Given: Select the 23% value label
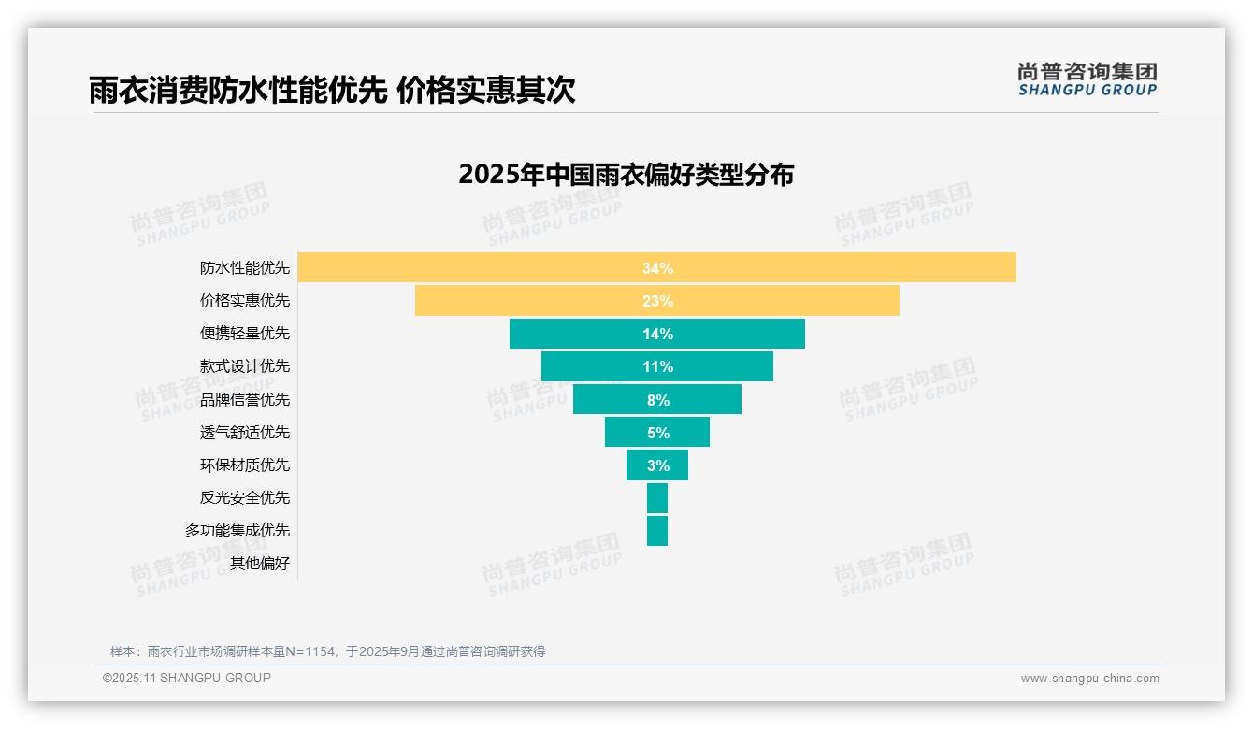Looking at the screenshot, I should pos(657,301).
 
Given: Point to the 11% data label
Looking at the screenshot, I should pos(657,366).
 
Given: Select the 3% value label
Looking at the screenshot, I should pos(657,465).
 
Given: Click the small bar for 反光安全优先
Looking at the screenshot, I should pos(657,498).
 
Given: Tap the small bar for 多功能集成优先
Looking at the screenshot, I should pos(657,531).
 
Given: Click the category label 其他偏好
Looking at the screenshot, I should pos(260,563).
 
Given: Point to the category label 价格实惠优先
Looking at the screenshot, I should pos(245,301).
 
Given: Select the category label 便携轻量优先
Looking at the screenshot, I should pos(245,334).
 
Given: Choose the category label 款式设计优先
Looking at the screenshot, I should pos(245,366).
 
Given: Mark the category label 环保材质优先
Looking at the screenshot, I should pos(245,465).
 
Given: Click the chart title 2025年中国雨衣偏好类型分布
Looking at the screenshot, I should pos(626,175).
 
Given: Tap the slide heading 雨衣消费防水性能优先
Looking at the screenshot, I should pos(238,90).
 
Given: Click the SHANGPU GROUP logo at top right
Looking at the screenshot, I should pos(1087,79).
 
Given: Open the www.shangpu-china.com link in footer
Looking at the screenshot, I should pos(1089,679).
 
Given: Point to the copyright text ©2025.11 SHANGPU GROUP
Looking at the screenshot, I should pos(187,678).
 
